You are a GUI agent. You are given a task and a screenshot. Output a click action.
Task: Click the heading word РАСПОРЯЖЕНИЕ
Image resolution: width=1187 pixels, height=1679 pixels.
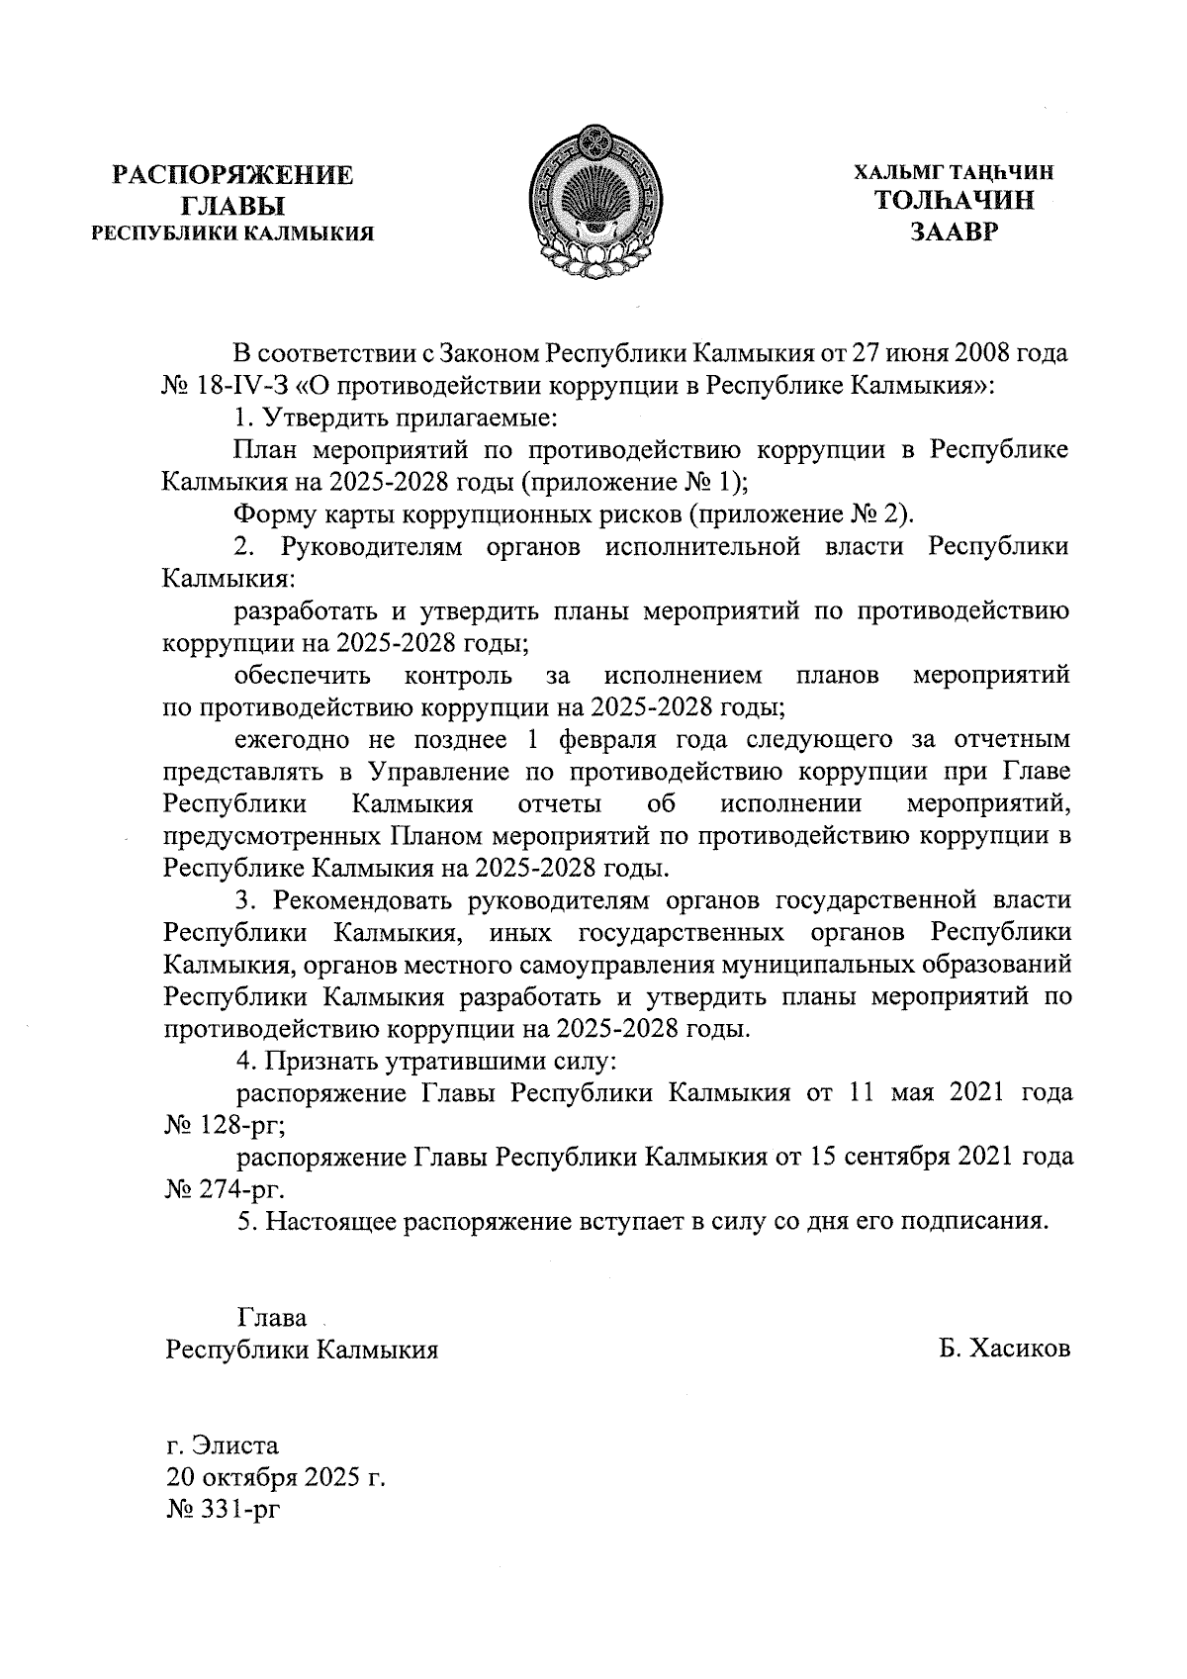point(232,176)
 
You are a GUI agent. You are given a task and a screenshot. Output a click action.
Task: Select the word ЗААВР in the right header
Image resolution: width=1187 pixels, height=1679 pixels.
point(955,233)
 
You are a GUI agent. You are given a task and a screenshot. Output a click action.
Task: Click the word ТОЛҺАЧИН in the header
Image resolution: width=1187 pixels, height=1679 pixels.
point(955,202)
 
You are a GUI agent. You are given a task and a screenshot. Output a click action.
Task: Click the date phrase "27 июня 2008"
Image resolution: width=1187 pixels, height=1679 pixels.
point(934,353)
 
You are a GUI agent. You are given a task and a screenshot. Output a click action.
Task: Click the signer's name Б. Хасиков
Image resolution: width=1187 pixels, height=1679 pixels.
point(1005,1350)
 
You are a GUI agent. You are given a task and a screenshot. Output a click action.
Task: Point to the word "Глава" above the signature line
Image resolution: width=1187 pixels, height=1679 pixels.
point(271,1318)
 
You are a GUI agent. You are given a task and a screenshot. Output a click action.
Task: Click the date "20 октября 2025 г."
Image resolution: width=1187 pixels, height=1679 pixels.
point(274,1476)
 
